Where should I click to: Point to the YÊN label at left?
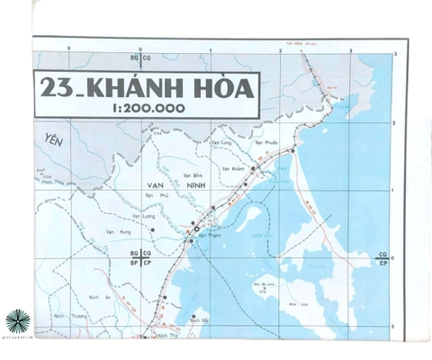tap(56, 139)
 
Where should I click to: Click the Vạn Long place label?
tap(222, 142)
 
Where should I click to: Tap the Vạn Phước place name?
tap(265, 142)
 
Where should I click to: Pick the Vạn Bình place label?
tap(193, 174)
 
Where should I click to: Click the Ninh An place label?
tap(101, 297)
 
